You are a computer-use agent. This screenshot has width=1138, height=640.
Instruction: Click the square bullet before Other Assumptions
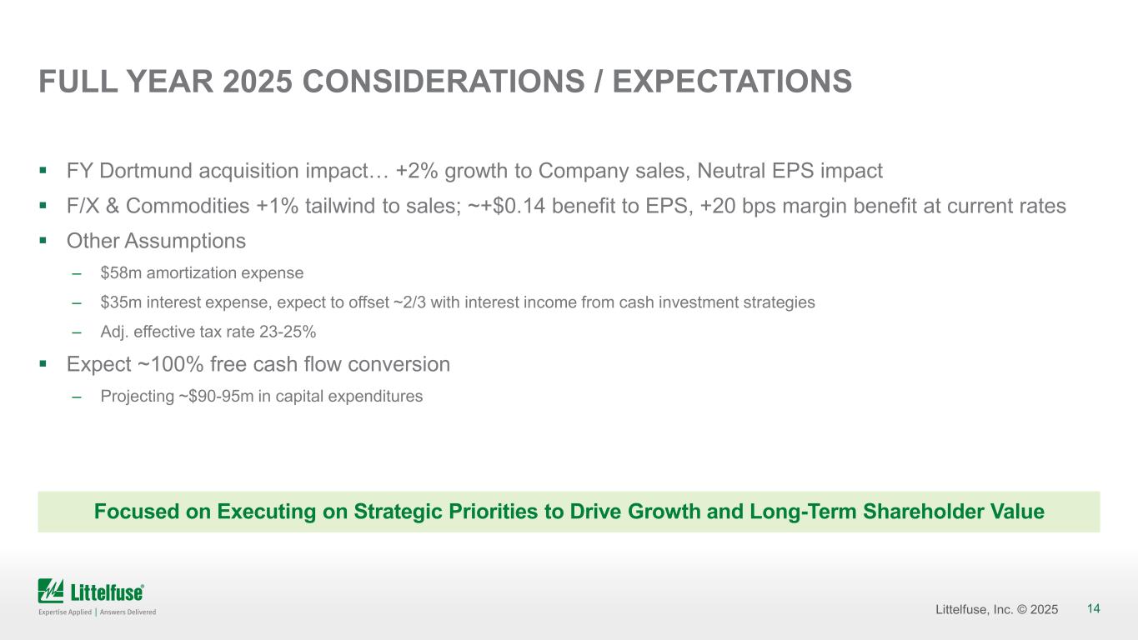[x=43, y=242]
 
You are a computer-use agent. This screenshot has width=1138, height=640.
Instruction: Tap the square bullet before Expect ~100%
[x=43, y=365]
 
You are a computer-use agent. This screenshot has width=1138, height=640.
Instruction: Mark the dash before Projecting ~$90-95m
[x=77, y=397]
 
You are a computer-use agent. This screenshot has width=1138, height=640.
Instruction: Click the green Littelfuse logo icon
[x=51, y=591]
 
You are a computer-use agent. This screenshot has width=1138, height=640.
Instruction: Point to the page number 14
[x=1094, y=609]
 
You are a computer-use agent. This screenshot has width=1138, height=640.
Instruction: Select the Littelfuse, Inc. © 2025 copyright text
[x=997, y=610]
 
